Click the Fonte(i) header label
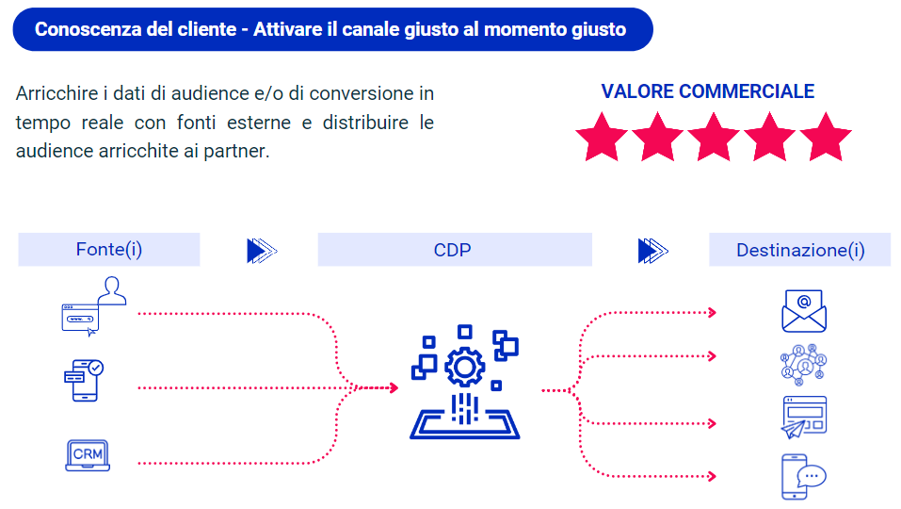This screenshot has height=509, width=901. [109, 250]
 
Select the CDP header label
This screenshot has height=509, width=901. [452, 250]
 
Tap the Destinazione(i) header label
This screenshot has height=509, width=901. [800, 250]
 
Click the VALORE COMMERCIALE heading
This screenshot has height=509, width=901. [707, 91]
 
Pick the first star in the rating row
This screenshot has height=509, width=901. [602, 138]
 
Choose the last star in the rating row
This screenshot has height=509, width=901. [825, 138]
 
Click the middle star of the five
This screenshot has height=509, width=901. [713, 138]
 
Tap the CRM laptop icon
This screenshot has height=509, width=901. [88, 455]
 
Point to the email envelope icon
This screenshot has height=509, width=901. [804, 311]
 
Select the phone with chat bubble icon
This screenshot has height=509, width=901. [803, 477]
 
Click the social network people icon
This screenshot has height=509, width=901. [803, 365]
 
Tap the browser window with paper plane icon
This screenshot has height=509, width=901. [803, 417]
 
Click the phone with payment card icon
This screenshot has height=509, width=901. [84, 380]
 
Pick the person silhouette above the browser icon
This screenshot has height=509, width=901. [112, 290]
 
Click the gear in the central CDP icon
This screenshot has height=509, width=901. [465, 367]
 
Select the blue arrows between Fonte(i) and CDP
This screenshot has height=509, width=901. [262, 251]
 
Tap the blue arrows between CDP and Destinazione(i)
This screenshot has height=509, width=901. [653, 251]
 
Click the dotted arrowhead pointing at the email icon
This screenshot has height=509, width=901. [713, 312]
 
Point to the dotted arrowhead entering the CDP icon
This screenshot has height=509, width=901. [394, 387]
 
